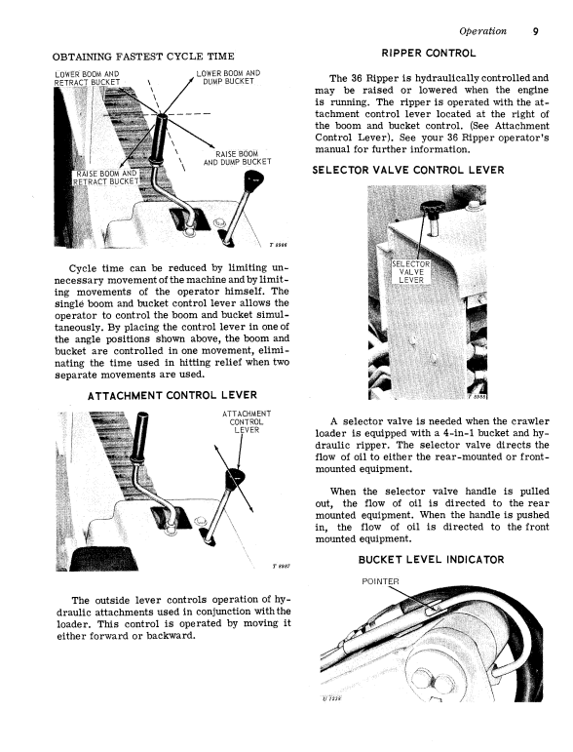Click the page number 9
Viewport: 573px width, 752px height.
(x=535, y=31)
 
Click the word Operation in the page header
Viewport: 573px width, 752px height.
(x=482, y=31)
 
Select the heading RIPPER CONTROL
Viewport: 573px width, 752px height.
(x=429, y=54)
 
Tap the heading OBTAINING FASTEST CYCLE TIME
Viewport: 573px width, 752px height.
(x=143, y=57)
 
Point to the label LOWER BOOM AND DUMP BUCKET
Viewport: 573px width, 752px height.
(x=228, y=77)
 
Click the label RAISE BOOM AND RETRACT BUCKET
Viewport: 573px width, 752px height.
(x=106, y=178)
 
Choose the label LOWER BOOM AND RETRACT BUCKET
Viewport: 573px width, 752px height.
(x=87, y=78)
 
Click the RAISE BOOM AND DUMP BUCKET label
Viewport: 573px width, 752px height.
(x=237, y=158)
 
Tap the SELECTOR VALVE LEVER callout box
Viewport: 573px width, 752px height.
(x=410, y=272)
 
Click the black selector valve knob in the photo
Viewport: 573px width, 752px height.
(x=433, y=209)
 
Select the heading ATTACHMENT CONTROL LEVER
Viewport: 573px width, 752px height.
(x=172, y=395)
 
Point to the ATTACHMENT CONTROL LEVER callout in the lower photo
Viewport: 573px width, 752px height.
(x=247, y=422)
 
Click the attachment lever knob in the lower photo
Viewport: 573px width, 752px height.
(x=235, y=477)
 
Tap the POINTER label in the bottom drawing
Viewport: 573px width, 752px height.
(x=380, y=581)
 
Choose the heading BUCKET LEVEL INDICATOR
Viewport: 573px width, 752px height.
(x=431, y=560)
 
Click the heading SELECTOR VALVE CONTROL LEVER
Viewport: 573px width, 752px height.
(x=408, y=171)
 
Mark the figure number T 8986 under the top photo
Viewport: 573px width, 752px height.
(x=278, y=245)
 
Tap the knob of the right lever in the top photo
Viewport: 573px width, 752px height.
(x=254, y=179)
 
